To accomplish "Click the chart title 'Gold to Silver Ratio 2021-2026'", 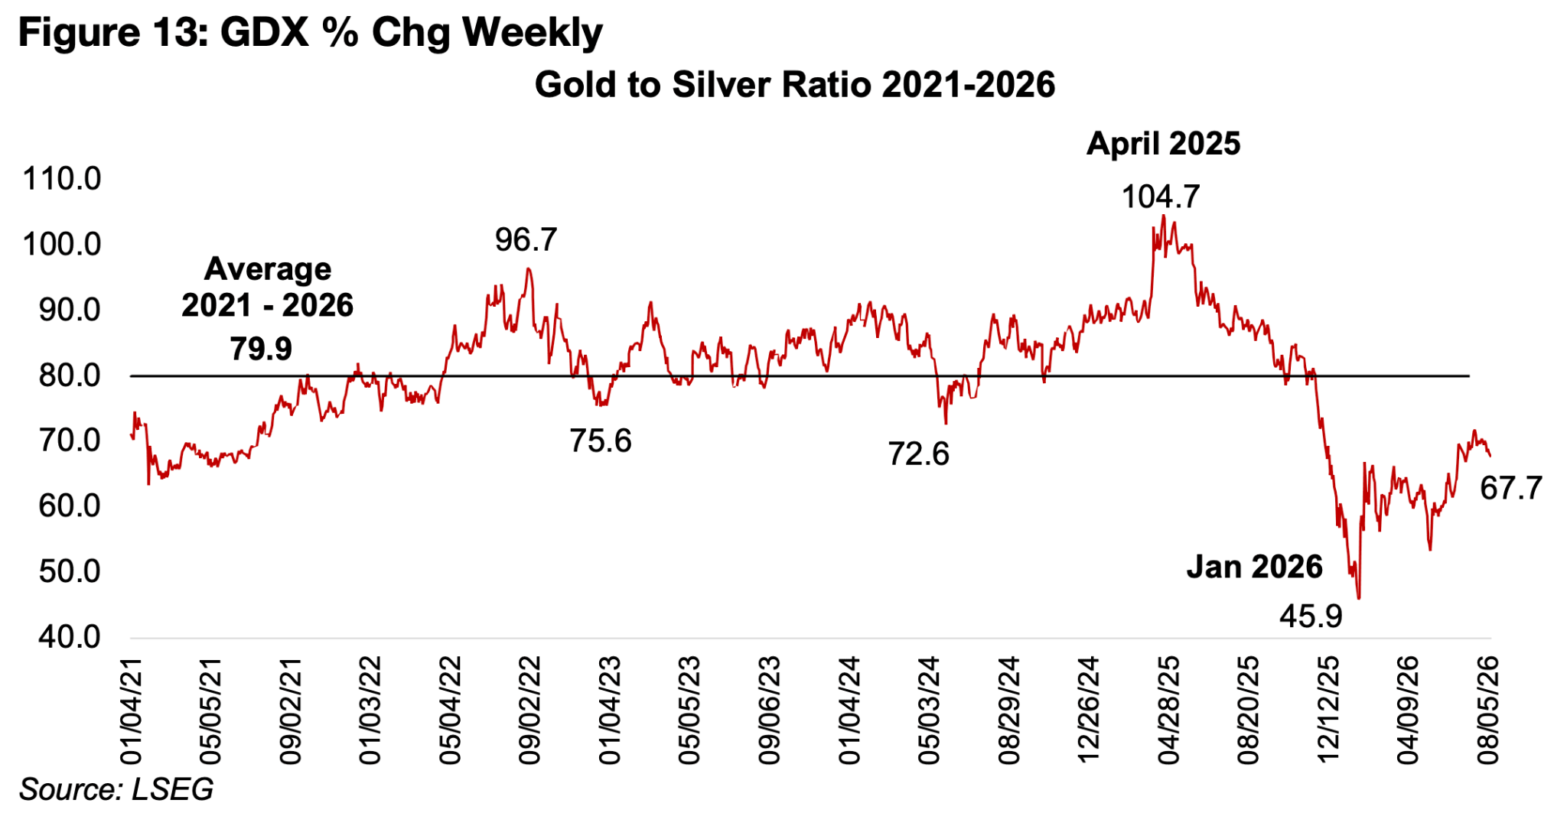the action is coord(794,84).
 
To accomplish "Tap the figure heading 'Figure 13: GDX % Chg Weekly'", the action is coord(311,33).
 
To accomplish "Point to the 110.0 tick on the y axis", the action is coord(62,179).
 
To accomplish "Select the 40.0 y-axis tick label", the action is coord(70,636).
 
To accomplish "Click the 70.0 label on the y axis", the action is coord(70,441).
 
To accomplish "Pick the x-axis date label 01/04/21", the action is coord(132,710).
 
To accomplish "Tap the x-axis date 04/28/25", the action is coord(1169,710).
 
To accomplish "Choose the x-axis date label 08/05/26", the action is coord(1488,710).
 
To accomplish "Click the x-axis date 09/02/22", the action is coord(530,710).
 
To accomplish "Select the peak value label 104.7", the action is coord(1161,197).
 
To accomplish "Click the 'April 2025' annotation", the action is coord(1164,144).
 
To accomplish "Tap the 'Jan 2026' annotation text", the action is coord(1255,567).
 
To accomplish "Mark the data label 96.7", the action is coord(526,240).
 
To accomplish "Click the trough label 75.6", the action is coord(601,441).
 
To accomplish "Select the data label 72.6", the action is coord(918,454).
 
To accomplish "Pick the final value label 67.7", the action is coord(1511,488).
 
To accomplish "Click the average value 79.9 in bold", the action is coord(261,349).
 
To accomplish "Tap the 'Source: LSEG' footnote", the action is coord(116,789).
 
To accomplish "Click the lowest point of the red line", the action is coord(1358,599).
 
